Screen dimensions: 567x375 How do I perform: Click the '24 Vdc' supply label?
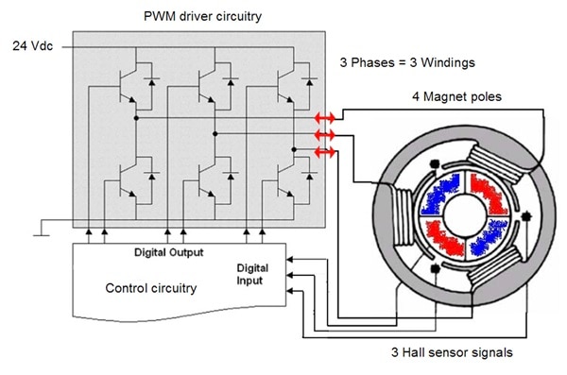point(32,46)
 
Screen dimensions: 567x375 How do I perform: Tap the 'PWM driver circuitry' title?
point(202,17)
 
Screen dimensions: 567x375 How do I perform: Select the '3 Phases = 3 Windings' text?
point(407,62)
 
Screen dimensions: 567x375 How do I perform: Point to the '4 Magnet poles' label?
point(456,96)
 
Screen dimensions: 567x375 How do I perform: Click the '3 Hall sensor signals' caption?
point(452,352)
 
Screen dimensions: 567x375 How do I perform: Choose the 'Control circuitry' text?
point(151,288)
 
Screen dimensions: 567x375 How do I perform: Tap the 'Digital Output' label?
point(168,252)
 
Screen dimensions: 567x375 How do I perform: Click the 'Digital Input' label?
point(252,275)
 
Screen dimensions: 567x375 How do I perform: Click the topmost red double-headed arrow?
point(325,117)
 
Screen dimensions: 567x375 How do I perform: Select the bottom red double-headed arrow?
point(325,152)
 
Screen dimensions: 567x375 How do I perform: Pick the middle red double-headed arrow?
point(325,135)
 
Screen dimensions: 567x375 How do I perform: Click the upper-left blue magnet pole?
point(439,195)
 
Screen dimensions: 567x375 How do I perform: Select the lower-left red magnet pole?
point(444,239)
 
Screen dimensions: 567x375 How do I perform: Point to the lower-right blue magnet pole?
point(489,237)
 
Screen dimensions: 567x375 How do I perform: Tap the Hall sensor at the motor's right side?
point(526,216)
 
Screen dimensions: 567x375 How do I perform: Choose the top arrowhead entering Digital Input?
point(290,259)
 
